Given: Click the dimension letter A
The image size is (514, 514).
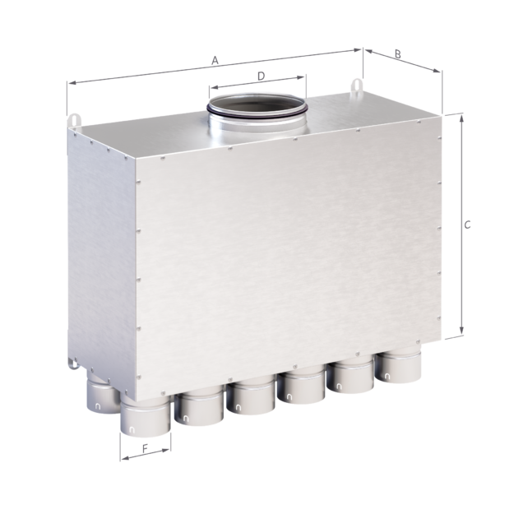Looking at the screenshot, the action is click(215, 60).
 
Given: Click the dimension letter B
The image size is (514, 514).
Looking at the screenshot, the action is click(397, 53).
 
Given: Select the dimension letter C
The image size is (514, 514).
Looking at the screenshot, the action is click(467, 225).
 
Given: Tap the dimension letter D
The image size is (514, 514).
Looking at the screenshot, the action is click(261, 76).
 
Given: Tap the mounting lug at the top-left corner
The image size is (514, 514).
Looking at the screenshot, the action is click(74, 120).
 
